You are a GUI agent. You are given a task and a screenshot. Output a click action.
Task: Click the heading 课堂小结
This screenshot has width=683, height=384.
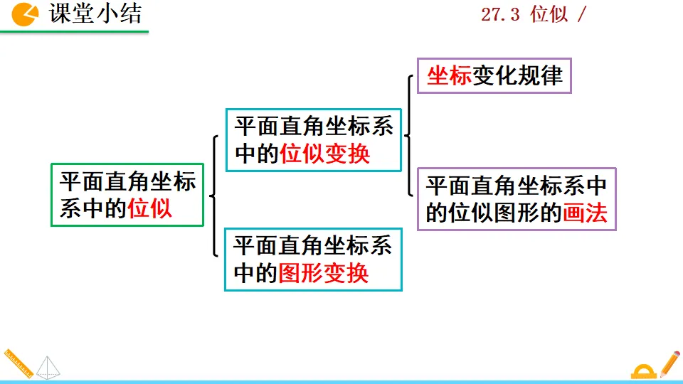[x=95, y=14]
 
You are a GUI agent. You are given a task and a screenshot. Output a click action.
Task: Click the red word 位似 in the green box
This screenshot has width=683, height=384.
[x=150, y=208]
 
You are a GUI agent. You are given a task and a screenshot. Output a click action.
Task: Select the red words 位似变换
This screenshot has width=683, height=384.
[x=325, y=154]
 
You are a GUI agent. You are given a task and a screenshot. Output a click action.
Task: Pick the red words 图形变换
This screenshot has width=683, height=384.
[x=324, y=273]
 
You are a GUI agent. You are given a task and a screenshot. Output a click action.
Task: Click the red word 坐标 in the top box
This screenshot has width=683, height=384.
[x=449, y=75]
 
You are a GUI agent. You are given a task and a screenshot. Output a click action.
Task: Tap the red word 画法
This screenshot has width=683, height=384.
[x=585, y=213]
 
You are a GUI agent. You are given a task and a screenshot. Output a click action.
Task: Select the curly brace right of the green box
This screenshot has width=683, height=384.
[x=213, y=196]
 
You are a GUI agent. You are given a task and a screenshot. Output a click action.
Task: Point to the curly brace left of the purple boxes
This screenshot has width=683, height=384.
[x=409, y=135]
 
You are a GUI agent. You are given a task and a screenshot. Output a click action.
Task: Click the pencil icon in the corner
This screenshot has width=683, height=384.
[x=669, y=363]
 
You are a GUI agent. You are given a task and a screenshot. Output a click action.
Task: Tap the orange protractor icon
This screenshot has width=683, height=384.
[x=642, y=370]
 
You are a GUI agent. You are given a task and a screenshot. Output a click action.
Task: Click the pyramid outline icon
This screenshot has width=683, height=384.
[x=48, y=367]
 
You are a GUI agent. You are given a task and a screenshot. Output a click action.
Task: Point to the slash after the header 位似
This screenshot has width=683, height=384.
[x=582, y=15]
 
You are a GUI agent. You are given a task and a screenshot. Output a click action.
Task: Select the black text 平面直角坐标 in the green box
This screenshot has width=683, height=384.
[x=127, y=181]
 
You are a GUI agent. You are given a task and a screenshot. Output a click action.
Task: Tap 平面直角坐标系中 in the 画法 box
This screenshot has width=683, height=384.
[x=516, y=186]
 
